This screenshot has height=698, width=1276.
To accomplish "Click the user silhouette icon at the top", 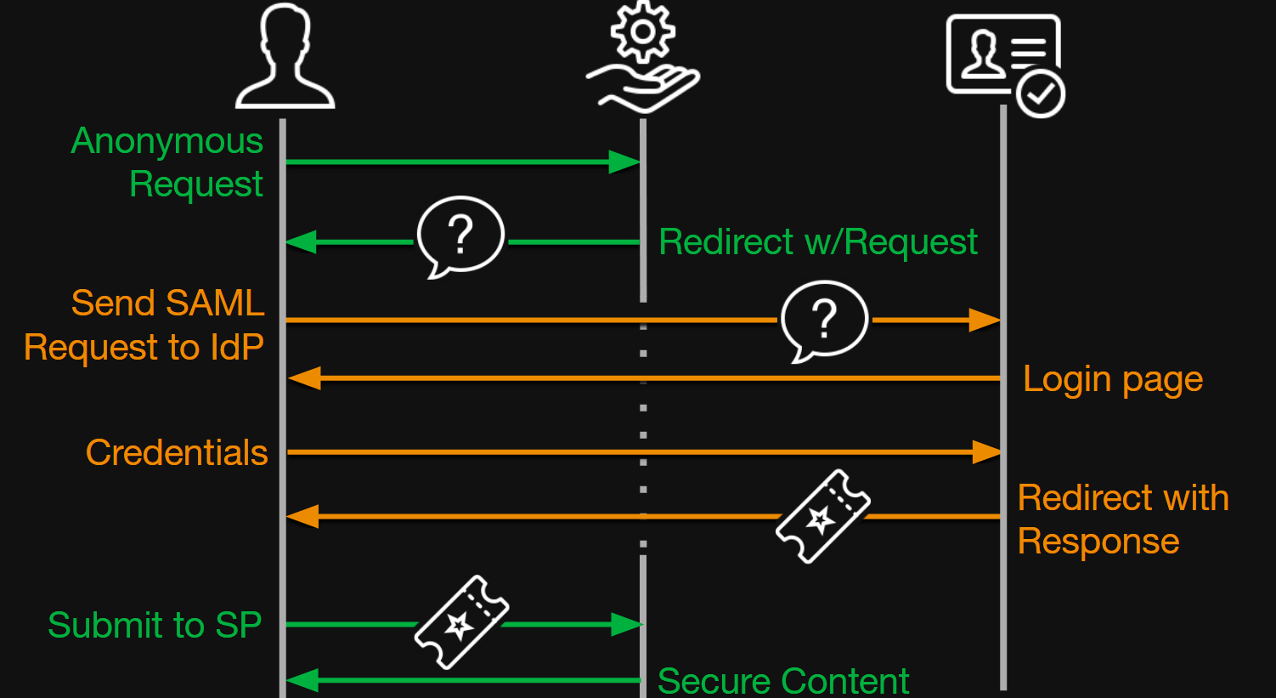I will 285,57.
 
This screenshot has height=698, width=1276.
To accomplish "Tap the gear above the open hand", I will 643,31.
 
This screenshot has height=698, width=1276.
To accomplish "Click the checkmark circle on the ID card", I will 1041,94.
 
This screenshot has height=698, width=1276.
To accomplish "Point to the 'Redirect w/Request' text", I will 818,242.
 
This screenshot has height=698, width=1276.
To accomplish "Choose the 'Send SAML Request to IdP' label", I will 144,325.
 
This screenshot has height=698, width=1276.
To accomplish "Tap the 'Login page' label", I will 1113,379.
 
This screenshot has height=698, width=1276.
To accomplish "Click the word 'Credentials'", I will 177,452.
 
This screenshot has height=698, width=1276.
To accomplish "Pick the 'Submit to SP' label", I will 155,625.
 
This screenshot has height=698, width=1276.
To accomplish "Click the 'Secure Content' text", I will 783,681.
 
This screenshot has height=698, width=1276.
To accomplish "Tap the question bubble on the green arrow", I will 460,236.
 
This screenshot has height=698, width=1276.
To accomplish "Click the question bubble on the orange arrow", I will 824,321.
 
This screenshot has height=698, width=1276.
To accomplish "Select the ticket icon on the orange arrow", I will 822,516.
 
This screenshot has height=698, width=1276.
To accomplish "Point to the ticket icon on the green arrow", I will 461,622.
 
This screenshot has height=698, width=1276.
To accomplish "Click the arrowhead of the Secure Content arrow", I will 302,680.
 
